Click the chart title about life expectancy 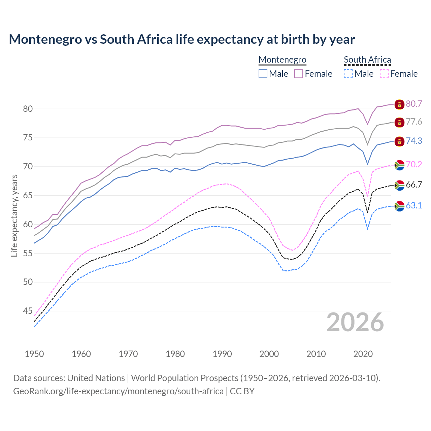coord(182,39)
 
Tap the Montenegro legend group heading coord(282,60)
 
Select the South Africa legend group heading coord(367,60)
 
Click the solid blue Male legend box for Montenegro coord(263,74)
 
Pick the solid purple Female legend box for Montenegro coord(299,74)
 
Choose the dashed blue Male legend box coord(348,74)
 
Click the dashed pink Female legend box coord(384,74)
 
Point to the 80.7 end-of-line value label coord(414,104)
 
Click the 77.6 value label coord(414,122)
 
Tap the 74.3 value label coord(414,141)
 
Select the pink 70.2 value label coord(414,164)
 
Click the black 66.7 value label coord(414,185)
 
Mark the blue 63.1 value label coord(414,205)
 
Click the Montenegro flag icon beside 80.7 coord(399,104)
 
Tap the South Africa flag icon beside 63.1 coord(399,206)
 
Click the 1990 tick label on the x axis coord(222,354)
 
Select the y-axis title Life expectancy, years coord(14,215)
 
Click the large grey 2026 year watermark coord(355,322)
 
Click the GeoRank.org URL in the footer coord(118,391)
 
